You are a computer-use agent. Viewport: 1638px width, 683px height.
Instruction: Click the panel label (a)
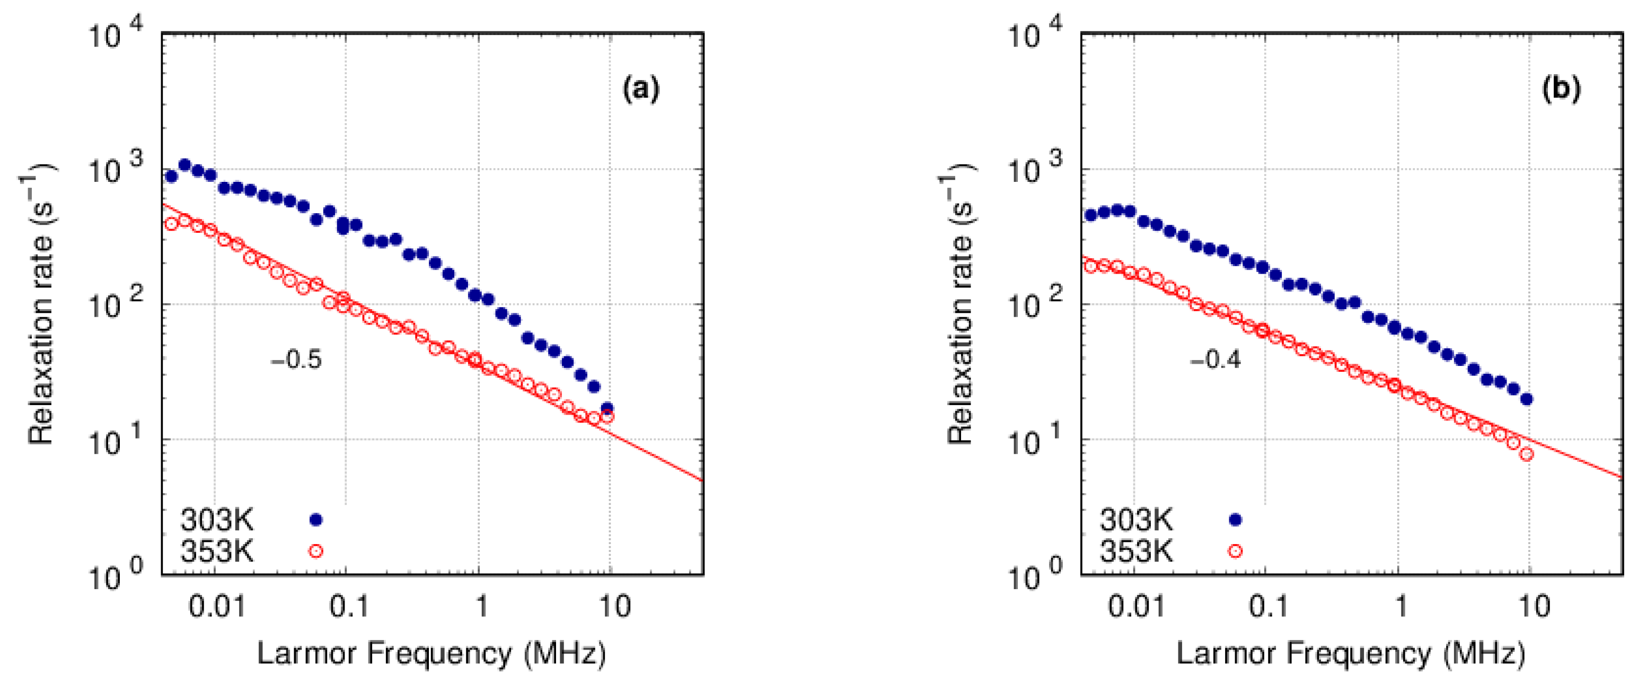coord(640,89)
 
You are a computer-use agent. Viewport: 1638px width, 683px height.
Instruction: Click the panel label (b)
coord(1561,89)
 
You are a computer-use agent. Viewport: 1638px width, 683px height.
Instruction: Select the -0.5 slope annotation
coord(296,360)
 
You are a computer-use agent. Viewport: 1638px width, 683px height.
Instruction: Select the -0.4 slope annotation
coord(1215,360)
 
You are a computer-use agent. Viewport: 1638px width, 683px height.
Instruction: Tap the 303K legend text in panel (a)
coord(217,520)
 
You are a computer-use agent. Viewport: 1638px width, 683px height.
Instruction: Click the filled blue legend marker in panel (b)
coord(1235,520)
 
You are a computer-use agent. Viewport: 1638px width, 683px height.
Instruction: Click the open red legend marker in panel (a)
coord(315,551)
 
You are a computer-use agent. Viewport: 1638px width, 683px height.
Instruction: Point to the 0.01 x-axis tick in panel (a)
coord(217,607)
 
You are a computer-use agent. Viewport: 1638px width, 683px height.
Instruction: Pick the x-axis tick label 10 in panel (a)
coord(615,607)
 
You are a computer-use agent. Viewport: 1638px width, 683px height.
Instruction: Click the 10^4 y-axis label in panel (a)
coord(115,35)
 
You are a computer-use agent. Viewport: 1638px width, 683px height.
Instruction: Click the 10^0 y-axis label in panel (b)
coord(1034,575)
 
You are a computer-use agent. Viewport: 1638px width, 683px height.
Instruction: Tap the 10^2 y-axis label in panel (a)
coord(115,305)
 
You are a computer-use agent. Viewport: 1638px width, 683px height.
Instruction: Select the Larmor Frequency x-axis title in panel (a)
coord(431,653)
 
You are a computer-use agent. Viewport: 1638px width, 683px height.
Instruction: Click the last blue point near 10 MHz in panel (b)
coord(1527,399)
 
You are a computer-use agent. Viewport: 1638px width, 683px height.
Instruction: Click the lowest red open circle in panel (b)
coord(1527,454)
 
